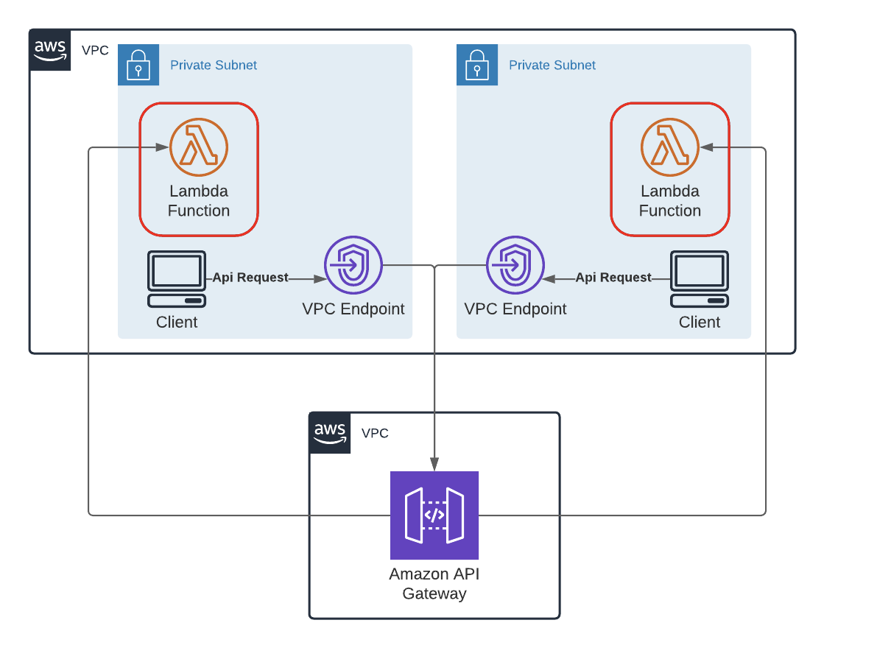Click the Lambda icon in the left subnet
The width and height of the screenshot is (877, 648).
(199, 147)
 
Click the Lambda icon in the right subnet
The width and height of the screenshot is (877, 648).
(670, 147)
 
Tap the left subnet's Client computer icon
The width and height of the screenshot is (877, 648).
(177, 279)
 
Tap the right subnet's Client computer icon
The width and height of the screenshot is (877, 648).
(700, 279)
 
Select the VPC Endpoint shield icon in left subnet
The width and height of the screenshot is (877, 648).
(353, 264)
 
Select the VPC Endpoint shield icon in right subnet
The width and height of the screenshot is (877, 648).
(515, 264)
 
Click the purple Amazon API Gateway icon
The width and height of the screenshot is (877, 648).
(434, 515)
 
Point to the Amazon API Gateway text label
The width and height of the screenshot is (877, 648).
(434, 584)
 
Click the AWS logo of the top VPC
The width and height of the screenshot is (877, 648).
(50, 50)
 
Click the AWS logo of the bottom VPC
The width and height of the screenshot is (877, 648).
(330, 433)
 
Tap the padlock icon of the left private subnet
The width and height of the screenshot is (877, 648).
(138, 65)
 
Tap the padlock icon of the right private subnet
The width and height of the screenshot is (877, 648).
(477, 65)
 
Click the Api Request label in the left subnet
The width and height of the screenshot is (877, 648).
(250, 278)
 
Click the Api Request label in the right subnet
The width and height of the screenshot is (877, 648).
(613, 278)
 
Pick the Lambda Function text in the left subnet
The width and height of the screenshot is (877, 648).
(199, 201)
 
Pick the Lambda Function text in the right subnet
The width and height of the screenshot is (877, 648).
(670, 201)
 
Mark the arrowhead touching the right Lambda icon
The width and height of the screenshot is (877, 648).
(705, 147)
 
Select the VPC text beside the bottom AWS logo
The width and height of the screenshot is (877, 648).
(375, 433)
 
